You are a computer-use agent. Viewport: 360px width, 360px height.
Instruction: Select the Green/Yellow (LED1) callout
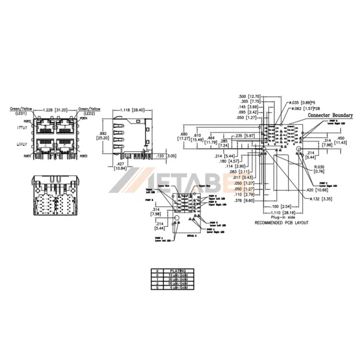22,112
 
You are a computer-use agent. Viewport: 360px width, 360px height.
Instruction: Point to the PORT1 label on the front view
27,155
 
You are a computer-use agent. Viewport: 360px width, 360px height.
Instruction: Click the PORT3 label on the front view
82,155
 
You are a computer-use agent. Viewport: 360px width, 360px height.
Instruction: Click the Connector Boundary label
330,115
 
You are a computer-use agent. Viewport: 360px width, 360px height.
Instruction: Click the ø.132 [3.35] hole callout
319,198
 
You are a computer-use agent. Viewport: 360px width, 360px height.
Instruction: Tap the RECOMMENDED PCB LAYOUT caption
281,222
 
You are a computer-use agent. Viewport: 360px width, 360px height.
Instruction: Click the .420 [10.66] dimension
320,190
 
